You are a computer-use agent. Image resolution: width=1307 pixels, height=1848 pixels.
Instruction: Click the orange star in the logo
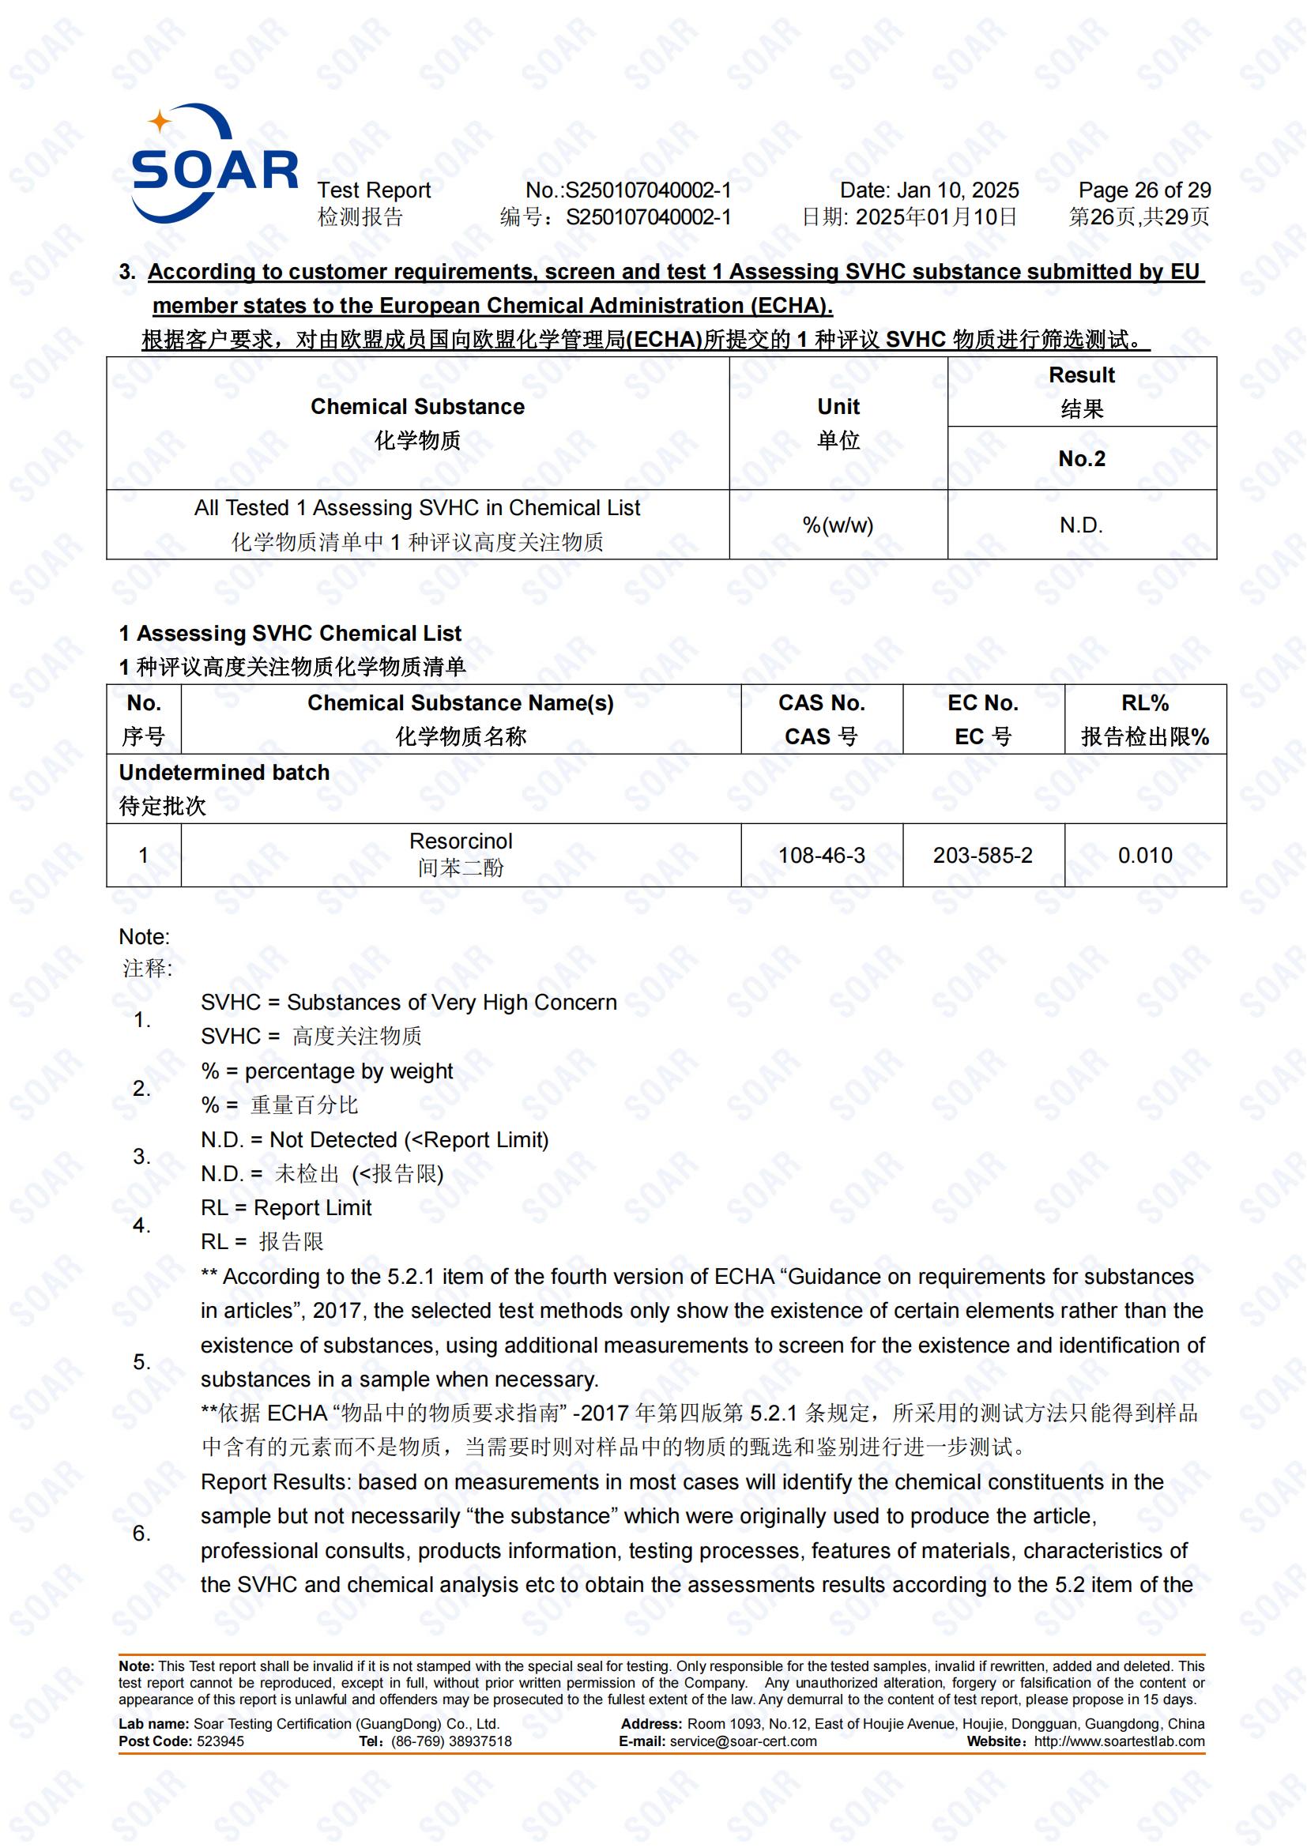click(160, 122)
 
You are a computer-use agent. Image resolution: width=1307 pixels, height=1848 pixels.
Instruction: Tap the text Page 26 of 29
click(1143, 190)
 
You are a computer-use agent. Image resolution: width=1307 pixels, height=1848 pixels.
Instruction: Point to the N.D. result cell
click(1081, 525)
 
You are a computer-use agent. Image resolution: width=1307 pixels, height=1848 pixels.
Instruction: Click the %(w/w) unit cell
click(837, 525)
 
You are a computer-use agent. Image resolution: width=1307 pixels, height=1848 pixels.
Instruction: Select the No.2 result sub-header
click(1081, 459)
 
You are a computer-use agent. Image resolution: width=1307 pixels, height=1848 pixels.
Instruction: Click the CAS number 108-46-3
click(821, 855)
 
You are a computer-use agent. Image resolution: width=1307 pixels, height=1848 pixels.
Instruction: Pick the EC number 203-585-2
click(982, 855)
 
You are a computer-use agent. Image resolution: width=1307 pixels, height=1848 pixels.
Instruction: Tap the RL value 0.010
click(1144, 855)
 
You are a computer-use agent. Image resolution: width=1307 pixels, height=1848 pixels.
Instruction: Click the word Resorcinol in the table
click(461, 841)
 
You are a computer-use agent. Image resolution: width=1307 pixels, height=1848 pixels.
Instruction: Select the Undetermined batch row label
click(224, 773)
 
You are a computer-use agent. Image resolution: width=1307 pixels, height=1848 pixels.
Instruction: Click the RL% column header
click(1144, 703)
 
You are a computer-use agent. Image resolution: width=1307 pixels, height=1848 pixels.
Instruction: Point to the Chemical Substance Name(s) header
click(461, 703)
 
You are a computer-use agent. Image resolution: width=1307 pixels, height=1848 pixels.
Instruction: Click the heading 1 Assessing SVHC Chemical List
click(290, 634)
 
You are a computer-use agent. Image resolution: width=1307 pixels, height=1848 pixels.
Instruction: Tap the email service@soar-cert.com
click(743, 1741)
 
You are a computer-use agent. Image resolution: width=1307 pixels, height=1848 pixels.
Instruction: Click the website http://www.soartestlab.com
click(1119, 1741)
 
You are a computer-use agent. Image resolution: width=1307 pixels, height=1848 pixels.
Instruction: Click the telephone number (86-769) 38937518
click(450, 1741)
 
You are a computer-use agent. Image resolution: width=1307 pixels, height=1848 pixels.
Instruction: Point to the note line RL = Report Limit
click(286, 1207)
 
